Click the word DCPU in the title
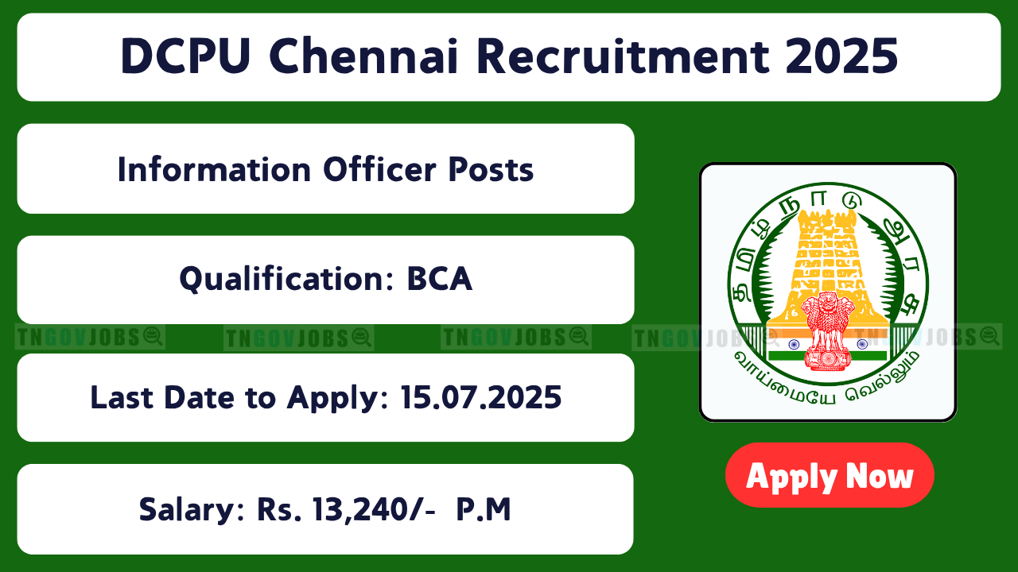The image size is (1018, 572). point(185,56)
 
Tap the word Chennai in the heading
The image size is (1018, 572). point(363,56)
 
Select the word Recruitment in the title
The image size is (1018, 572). point(623,56)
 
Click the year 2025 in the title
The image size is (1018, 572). point(841,56)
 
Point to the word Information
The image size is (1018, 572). point(214,169)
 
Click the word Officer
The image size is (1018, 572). point(379,169)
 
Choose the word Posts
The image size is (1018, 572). point(491,170)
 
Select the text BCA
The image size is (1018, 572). point(440,279)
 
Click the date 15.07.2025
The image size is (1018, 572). point(481,397)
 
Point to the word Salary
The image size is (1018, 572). point(192,510)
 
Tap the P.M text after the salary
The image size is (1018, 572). point(484,509)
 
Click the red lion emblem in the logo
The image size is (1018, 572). point(827,331)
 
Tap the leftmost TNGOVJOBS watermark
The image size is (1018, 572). point(90,337)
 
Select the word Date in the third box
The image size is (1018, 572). point(198,397)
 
